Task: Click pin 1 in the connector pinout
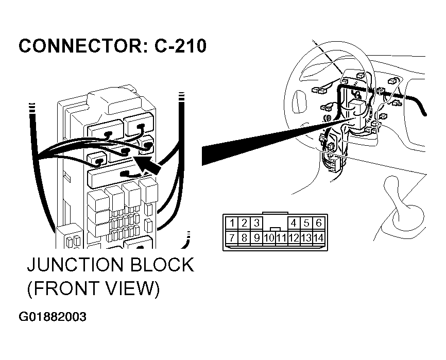point(233,222)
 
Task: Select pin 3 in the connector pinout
point(257,222)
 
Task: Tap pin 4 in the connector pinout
point(294,222)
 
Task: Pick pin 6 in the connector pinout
point(319,222)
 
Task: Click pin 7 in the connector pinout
point(233,237)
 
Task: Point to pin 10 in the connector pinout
point(269,238)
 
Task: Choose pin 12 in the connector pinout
point(294,238)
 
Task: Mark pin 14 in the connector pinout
point(319,238)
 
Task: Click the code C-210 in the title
point(180,46)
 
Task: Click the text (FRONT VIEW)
point(93,289)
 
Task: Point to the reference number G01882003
point(53,317)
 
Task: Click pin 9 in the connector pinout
point(257,237)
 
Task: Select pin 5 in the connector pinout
point(306,222)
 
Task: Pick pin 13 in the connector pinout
point(306,238)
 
